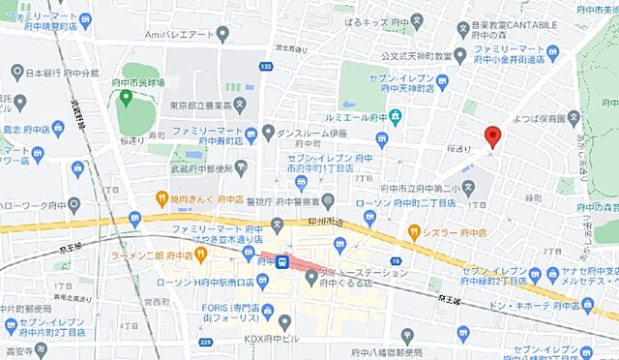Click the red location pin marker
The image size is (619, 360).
point(492,136)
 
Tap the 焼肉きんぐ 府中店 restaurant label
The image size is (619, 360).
point(202,199)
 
